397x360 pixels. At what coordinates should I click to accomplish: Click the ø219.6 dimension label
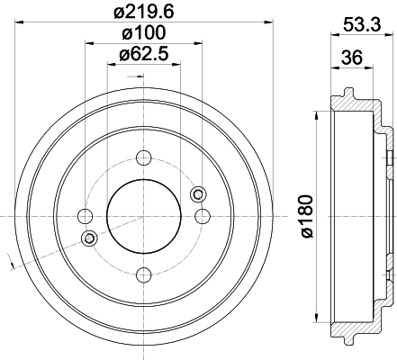[x=144, y=12]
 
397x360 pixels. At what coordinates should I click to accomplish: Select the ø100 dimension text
[x=144, y=32]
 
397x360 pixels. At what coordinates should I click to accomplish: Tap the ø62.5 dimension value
[x=144, y=54]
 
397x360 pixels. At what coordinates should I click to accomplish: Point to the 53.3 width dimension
[x=362, y=24]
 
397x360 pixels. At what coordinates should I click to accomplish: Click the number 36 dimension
[x=352, y=58]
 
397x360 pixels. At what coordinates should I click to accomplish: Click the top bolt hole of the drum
[x=144, y=157]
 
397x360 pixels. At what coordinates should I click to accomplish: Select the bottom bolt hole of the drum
[x=144, y=274]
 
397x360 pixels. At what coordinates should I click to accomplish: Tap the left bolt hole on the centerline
[x=86, y=216]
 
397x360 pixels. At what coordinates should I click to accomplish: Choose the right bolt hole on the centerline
[x=203, y=216]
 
